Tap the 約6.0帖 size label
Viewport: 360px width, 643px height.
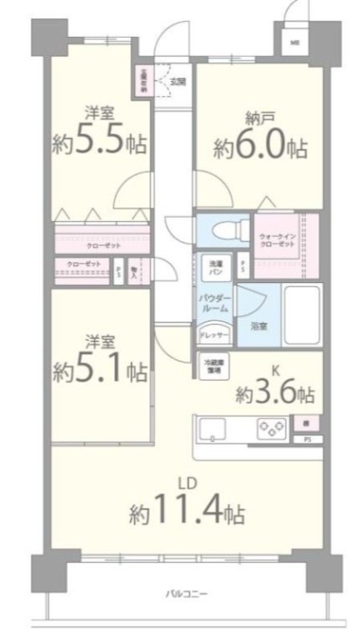[260, 149]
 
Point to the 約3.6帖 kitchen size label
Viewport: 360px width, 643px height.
[275, 395]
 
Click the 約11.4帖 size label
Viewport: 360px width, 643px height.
[187, 511]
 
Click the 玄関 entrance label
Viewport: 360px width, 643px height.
[178, 81]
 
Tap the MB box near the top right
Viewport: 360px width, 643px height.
[294, 43]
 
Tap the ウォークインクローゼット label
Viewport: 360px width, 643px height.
[276, 240]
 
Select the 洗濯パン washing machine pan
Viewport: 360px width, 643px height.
[216, 266]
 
